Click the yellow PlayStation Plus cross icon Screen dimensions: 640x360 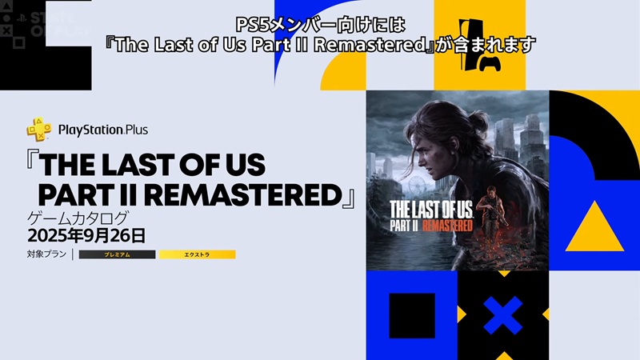39,130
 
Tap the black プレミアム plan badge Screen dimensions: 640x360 117,254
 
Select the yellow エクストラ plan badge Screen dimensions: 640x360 197,254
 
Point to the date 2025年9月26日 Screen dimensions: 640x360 86,236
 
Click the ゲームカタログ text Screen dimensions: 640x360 78,218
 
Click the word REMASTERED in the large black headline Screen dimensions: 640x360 243,195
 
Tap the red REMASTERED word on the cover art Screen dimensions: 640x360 447,226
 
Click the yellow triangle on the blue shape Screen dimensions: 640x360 594,226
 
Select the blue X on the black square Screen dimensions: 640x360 503,315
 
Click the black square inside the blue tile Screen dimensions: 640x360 412,315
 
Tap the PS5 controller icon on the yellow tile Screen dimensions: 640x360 490,64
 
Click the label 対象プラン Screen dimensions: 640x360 46,254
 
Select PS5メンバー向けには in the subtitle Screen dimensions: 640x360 321,25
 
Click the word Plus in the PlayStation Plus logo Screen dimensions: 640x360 137,130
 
